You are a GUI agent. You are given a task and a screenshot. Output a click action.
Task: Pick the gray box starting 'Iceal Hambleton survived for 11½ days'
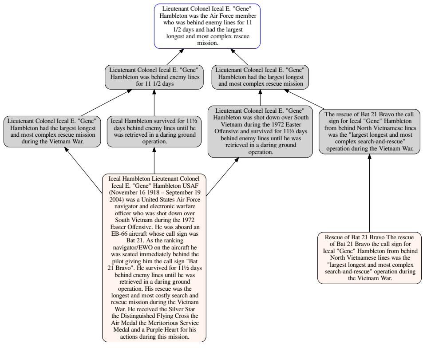coord(154,131)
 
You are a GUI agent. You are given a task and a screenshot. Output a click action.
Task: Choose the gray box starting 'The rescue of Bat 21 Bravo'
coord(369,131)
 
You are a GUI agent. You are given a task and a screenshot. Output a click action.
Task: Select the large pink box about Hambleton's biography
coord(154,257)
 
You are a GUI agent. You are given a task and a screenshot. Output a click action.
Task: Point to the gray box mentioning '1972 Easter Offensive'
coord(260,131)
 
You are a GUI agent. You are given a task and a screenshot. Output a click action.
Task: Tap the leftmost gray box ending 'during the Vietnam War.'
coord(51,131)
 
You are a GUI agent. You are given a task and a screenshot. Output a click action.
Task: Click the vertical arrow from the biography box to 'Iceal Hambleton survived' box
coord(154,160)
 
